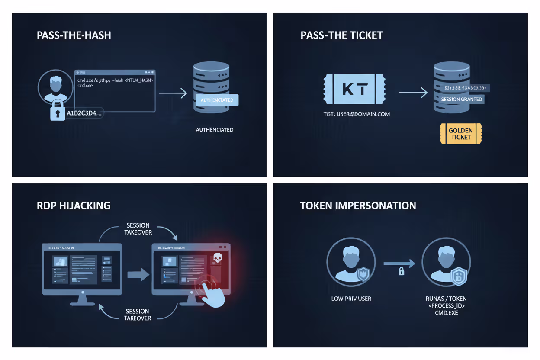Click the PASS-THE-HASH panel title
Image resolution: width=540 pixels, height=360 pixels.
click(74, 35)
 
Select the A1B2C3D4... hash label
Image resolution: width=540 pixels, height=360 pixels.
click(84, 113)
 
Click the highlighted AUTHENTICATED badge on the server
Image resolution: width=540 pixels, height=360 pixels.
click(217, 100)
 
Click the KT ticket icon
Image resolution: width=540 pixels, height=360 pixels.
click(354, 89)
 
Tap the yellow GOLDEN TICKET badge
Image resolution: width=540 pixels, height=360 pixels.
click(460, 134)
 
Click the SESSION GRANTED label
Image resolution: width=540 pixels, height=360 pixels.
click(461, 99)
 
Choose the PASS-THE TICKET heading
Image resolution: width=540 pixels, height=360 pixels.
click(342, 35)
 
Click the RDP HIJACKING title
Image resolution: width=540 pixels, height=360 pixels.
click(74, 205)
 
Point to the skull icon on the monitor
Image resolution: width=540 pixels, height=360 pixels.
click(217, 258)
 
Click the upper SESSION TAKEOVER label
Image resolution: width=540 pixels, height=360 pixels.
click(138, 228)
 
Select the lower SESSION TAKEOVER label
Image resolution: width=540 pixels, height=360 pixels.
click(138, 315)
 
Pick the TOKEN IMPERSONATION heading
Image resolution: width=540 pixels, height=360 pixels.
click(358, 206)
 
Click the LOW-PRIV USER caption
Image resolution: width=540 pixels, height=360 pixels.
click(351, 299)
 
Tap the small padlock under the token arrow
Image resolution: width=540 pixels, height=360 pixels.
click(401, 272)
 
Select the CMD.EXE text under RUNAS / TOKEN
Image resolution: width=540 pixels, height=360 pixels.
click(446, 312)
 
